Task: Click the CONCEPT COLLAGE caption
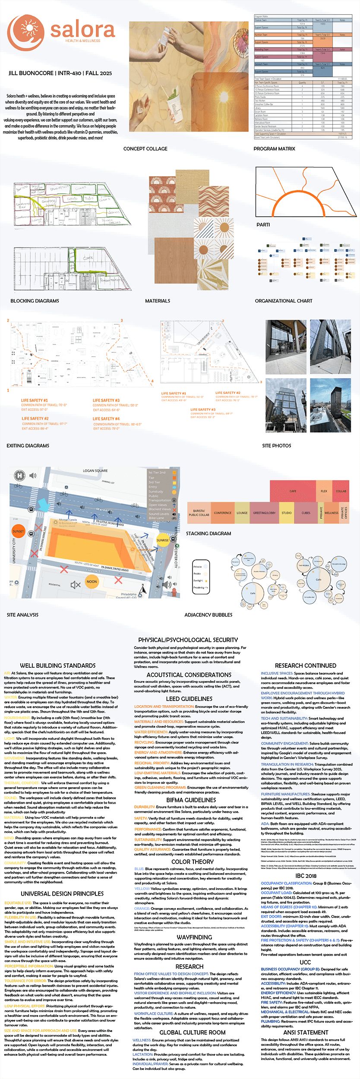point(145,148)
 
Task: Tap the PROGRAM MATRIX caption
point(274,148)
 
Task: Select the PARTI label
point(263,224)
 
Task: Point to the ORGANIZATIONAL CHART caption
point(283,301)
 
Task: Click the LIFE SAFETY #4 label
point(106,419)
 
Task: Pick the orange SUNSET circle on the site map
point(19,531)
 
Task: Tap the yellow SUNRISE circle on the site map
point(163,540)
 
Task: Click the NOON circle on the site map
point(92,581)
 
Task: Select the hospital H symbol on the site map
point(19,476)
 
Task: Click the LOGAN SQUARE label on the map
point(95,470)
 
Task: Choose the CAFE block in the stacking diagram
point(293,491)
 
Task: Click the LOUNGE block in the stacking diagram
point(242,513)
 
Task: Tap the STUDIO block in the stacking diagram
point(287,513)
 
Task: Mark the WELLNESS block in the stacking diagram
point(332,513)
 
